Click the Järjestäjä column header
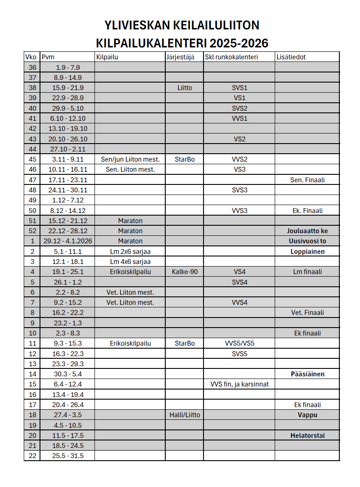pyautogui.click(x=180, y=57)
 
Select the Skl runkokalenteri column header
pyautogui.click(x=231, y=57)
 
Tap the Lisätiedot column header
pyautogui.click(x=291, y=57)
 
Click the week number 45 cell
pyautogui.click(x=32, y=159)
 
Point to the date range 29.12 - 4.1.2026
pyautogui.click(x=67, y=241)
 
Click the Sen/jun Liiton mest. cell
pyautogui.click(x=130, y=159)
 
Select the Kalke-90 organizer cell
pyautogui.click(x=185, y=272)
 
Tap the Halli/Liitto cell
pyautogui.click(x=185, y=415)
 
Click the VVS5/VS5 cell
pyautogui.click(x=239, y=343)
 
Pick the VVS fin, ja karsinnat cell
pyautogui.click(x=239, y=384)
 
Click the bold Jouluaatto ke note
pyautogui.click(x=307, y=231)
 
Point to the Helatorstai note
pyautogui.click(x=307, y=436)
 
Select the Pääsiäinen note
pyautogui.click(x=307, y=374)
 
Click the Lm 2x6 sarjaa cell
pyautogui.click(x=130, y=252)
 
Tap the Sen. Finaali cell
pyautogui.click(x=307, y=180)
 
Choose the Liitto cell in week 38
pyautogui.click(x=185, y=88)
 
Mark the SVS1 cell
pyautogui.click(x=239, y=88)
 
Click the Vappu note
pyautogui.click(x=307, y=415)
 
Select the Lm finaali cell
pyautogui.click(x=307, y=272)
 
